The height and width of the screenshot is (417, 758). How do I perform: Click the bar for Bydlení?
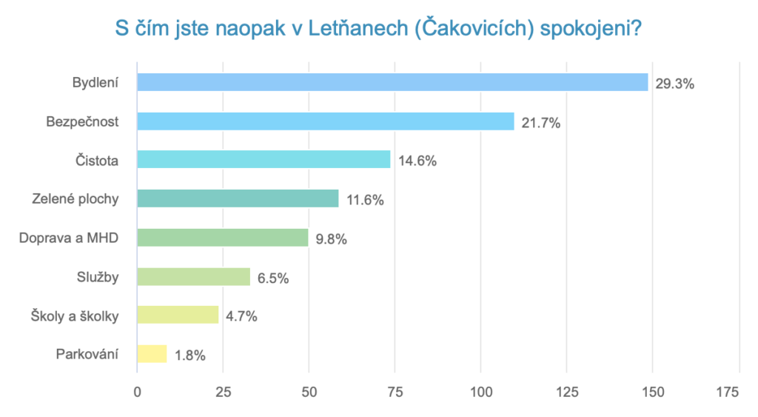[x=392, y=82]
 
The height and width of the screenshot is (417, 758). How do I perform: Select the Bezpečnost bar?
[x=326, y=121]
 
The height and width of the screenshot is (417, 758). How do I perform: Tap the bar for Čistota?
[x=264, y=160]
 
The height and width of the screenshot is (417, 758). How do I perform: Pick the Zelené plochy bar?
[x=238, y=199]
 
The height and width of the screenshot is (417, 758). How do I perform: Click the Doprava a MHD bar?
[x=222, y=238]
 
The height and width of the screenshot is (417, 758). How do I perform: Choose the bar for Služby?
[x=193, y=277]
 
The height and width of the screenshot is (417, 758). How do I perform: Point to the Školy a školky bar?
[x=178, y=316]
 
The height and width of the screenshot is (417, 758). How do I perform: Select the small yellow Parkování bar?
[x=152, y=354]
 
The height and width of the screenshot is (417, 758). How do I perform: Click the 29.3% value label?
[x=674, y=84]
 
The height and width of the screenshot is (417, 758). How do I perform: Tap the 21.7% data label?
[x=540, y=123]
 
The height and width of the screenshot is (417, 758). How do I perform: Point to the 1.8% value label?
[x=190, y=356]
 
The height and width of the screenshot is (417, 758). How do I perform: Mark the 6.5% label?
[x=272, y=278]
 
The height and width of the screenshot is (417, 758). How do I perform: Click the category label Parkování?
[x=87, y=354]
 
